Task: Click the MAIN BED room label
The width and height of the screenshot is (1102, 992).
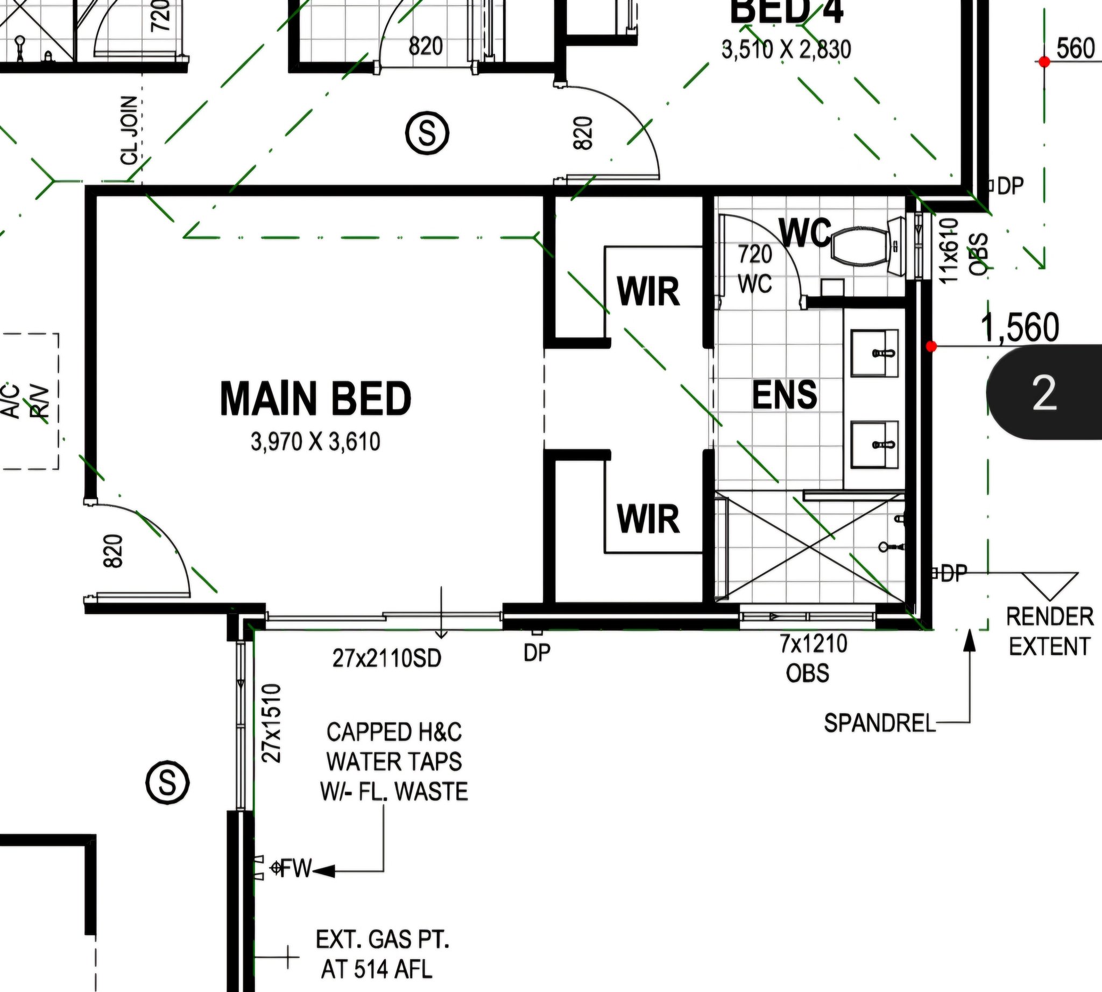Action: pyautogui.click(x=315, y=398)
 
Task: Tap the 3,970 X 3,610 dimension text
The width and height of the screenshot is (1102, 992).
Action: pyautogui.click(x=315, y=441)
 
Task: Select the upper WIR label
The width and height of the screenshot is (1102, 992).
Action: pyautogui.click(x=648, y=292)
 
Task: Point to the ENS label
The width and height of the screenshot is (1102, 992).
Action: pyautogui.click(x=785, y=395)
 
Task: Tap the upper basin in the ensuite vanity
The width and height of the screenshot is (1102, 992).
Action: pyautogui.click(x=875, y=353)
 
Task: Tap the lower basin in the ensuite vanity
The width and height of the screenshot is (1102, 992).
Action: pyautogui.click(x=875, y=444)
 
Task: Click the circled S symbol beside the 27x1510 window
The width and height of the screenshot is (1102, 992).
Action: pyautogui.click(x=168, y=784)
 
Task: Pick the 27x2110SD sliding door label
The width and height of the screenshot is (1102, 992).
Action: pyautogui.click(x=386, y=659)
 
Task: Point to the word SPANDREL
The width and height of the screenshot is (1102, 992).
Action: pyautogui.click(x=879, y=723)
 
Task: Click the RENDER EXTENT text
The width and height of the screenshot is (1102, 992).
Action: pyautogui.click(x=1050, y=632)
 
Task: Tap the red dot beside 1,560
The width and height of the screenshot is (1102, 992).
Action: pyautogui.click(x=931, y=346)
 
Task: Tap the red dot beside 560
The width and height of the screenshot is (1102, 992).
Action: pyautogui.click(x=1044, y=61)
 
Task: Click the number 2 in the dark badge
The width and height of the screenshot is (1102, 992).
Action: pyautogui.click(x=1044, y=393)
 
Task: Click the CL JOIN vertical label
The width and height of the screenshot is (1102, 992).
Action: pyautogui.click(x=130, y=131)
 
